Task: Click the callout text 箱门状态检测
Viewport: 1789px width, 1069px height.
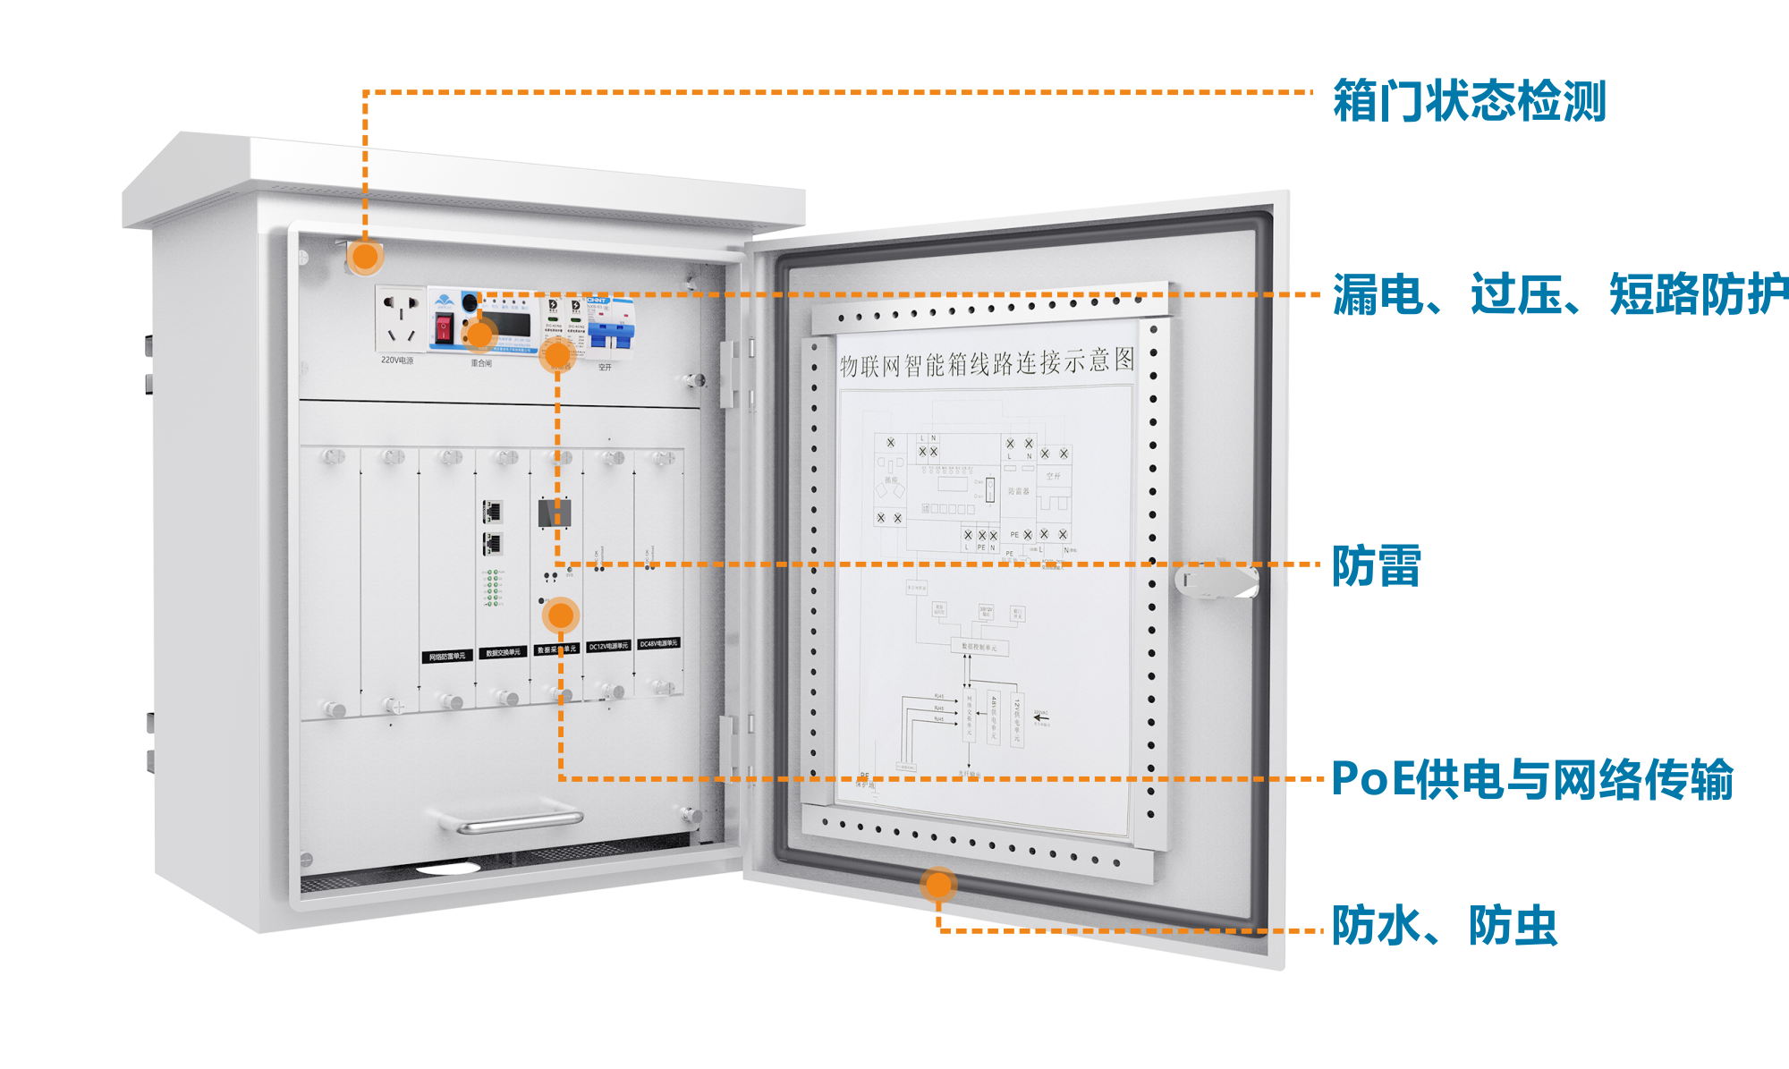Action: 1469,100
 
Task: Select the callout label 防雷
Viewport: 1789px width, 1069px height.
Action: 1376,566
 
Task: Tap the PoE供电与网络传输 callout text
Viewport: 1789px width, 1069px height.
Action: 1531,779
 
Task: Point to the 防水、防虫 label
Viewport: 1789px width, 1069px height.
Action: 1444,926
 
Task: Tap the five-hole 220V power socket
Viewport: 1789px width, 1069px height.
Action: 400,318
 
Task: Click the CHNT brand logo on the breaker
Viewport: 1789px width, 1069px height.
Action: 598,301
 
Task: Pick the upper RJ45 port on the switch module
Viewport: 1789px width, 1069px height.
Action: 492,512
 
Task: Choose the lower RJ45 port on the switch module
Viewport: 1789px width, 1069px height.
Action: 492,543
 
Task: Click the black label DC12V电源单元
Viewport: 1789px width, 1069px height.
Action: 608,646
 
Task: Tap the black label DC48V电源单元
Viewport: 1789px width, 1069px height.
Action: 659,643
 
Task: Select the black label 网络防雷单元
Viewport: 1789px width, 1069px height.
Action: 446,657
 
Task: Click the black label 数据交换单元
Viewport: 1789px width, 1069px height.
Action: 503,652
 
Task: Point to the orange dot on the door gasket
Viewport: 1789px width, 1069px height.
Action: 938,885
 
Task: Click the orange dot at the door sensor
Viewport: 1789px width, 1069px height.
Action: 365,258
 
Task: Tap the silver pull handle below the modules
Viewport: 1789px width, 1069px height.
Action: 519,821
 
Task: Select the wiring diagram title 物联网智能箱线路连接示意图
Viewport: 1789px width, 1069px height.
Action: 987,362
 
